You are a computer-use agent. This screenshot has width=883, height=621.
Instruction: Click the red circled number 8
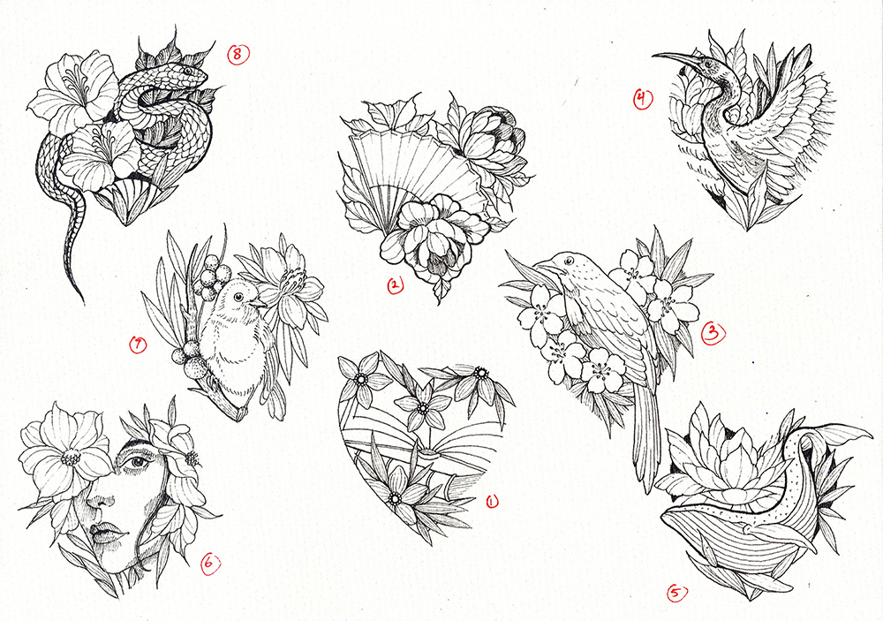click(238, 54)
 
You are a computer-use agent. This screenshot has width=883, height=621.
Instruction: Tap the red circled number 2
click(395, 285)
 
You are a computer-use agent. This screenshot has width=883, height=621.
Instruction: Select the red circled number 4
click(641, 99)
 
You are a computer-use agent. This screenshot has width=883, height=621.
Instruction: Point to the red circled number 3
click(713, 333)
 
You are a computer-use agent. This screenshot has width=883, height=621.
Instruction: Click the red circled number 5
click(677, 593)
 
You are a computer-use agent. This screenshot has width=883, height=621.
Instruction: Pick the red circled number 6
click(210, 563)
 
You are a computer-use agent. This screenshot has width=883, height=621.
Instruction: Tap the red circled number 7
click(138, 345)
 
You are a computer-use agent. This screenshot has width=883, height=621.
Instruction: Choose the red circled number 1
click(492, 501)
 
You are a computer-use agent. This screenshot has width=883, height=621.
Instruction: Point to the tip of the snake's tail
click(83, 303)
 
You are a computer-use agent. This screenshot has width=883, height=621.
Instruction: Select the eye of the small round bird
click(238, 297)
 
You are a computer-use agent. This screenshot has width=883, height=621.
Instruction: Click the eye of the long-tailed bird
click(570, 261)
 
